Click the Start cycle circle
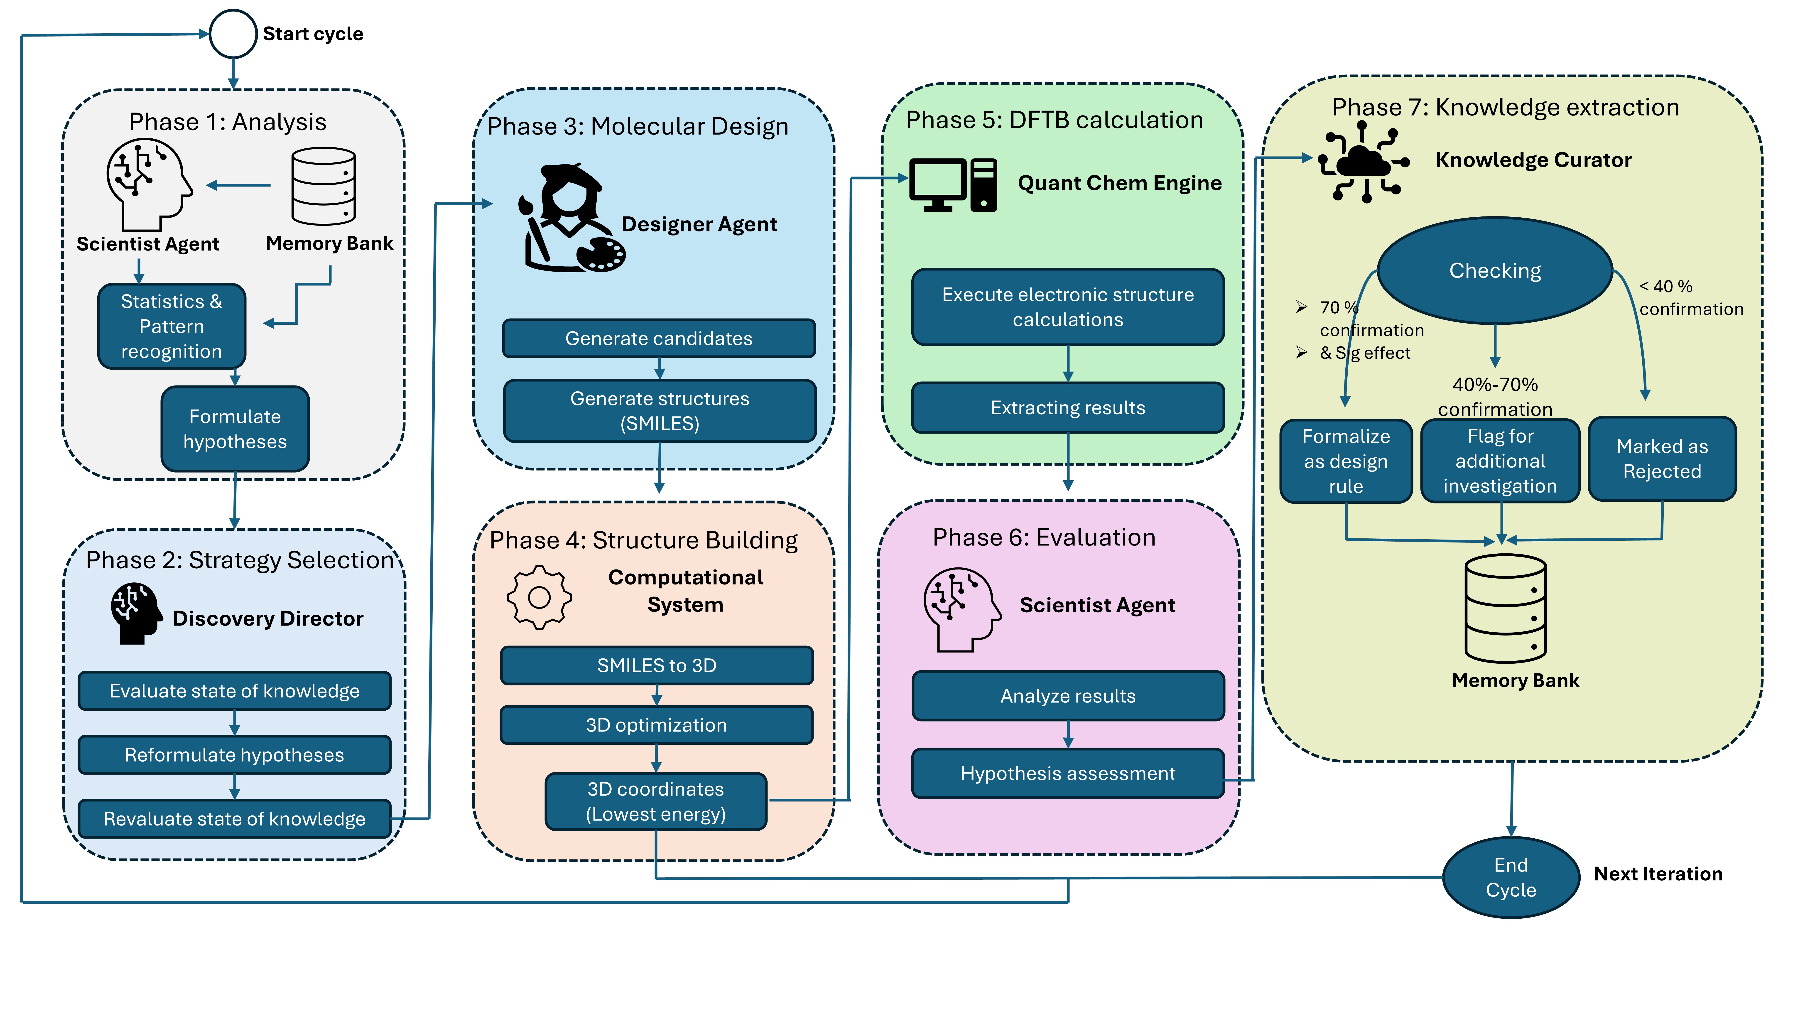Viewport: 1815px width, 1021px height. pyautogui.click(x=233, y=34)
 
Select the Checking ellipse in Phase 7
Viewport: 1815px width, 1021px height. pyautogui.click(x=1494, y=271)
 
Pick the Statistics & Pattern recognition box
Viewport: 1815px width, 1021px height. pyautogui.click(x=171, y=326)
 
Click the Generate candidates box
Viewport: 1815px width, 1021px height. pyautogui.click(x=659, y=338)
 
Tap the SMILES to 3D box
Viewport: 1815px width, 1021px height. pyautogui.click(x=657, y=665)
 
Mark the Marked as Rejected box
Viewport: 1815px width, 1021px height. pyautogui.click(x=1662, y=459)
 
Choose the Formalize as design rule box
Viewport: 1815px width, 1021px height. pyautogui.click(x=1346, y=461)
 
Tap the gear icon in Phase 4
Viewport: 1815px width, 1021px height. pyautogui.click(x=539, y=598)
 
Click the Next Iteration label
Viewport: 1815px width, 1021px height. pyautogui.click(x=1658, y=874)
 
